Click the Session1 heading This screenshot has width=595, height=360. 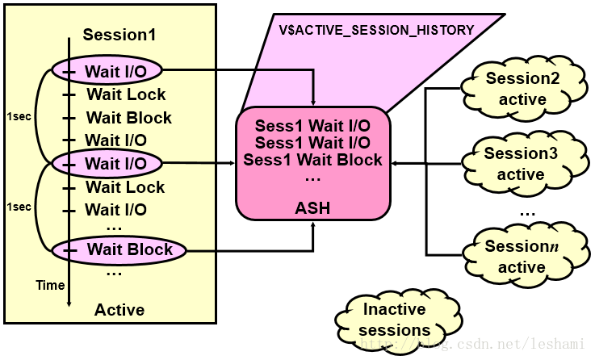(119, 36)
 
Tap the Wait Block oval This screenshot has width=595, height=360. (118, 249)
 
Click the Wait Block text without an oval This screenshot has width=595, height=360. (128, 118)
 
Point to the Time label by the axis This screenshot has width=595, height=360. (50, 286)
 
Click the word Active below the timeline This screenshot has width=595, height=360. (119, 310)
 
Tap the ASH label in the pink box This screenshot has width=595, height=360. (313, 208)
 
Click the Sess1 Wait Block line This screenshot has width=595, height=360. (313, 159)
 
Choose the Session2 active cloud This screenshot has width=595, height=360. (522, 89)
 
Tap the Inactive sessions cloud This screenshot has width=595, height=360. (394, 320)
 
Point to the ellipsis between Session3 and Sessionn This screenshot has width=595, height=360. (528, 211)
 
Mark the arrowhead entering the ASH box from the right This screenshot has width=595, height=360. (396, 164)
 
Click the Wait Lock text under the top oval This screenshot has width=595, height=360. (125, 94)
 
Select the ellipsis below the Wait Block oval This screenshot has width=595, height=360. (114, 272)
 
